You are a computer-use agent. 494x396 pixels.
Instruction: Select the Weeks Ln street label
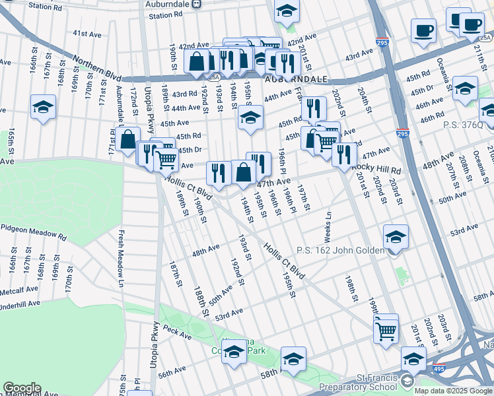click(x=328, y=226)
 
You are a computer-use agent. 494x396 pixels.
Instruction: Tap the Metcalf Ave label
click(x=19, y=290)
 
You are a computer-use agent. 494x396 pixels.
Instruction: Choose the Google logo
click(x=21, y=388)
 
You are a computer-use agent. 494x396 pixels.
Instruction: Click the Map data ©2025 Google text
click(x=454, y=391)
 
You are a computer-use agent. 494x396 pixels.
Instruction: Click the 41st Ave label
click(x=87, y=33)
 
